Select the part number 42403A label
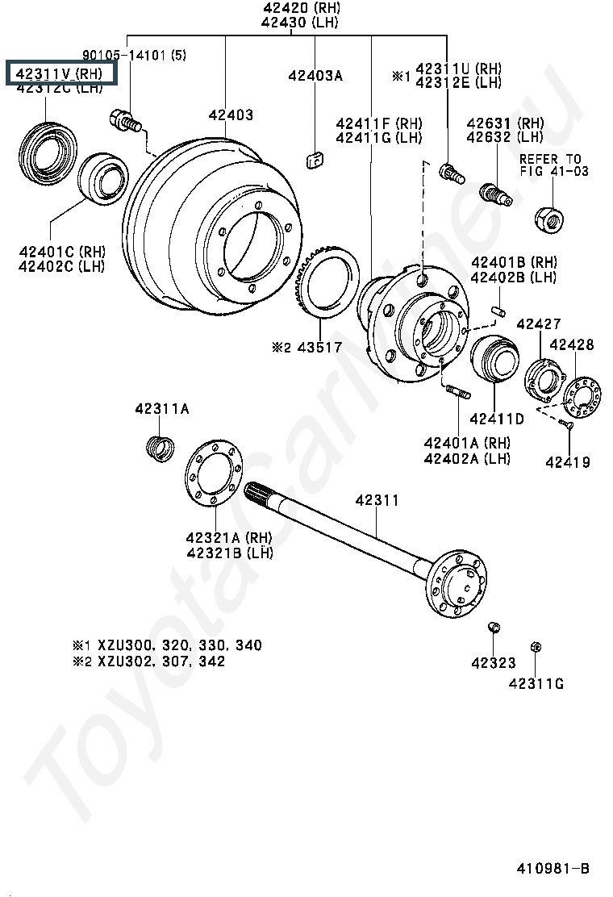315,76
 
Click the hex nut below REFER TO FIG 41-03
548,215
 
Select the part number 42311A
162,410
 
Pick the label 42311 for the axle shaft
377,501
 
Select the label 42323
493,663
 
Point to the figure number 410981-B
553,869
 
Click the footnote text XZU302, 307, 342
161,661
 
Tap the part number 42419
567,462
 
